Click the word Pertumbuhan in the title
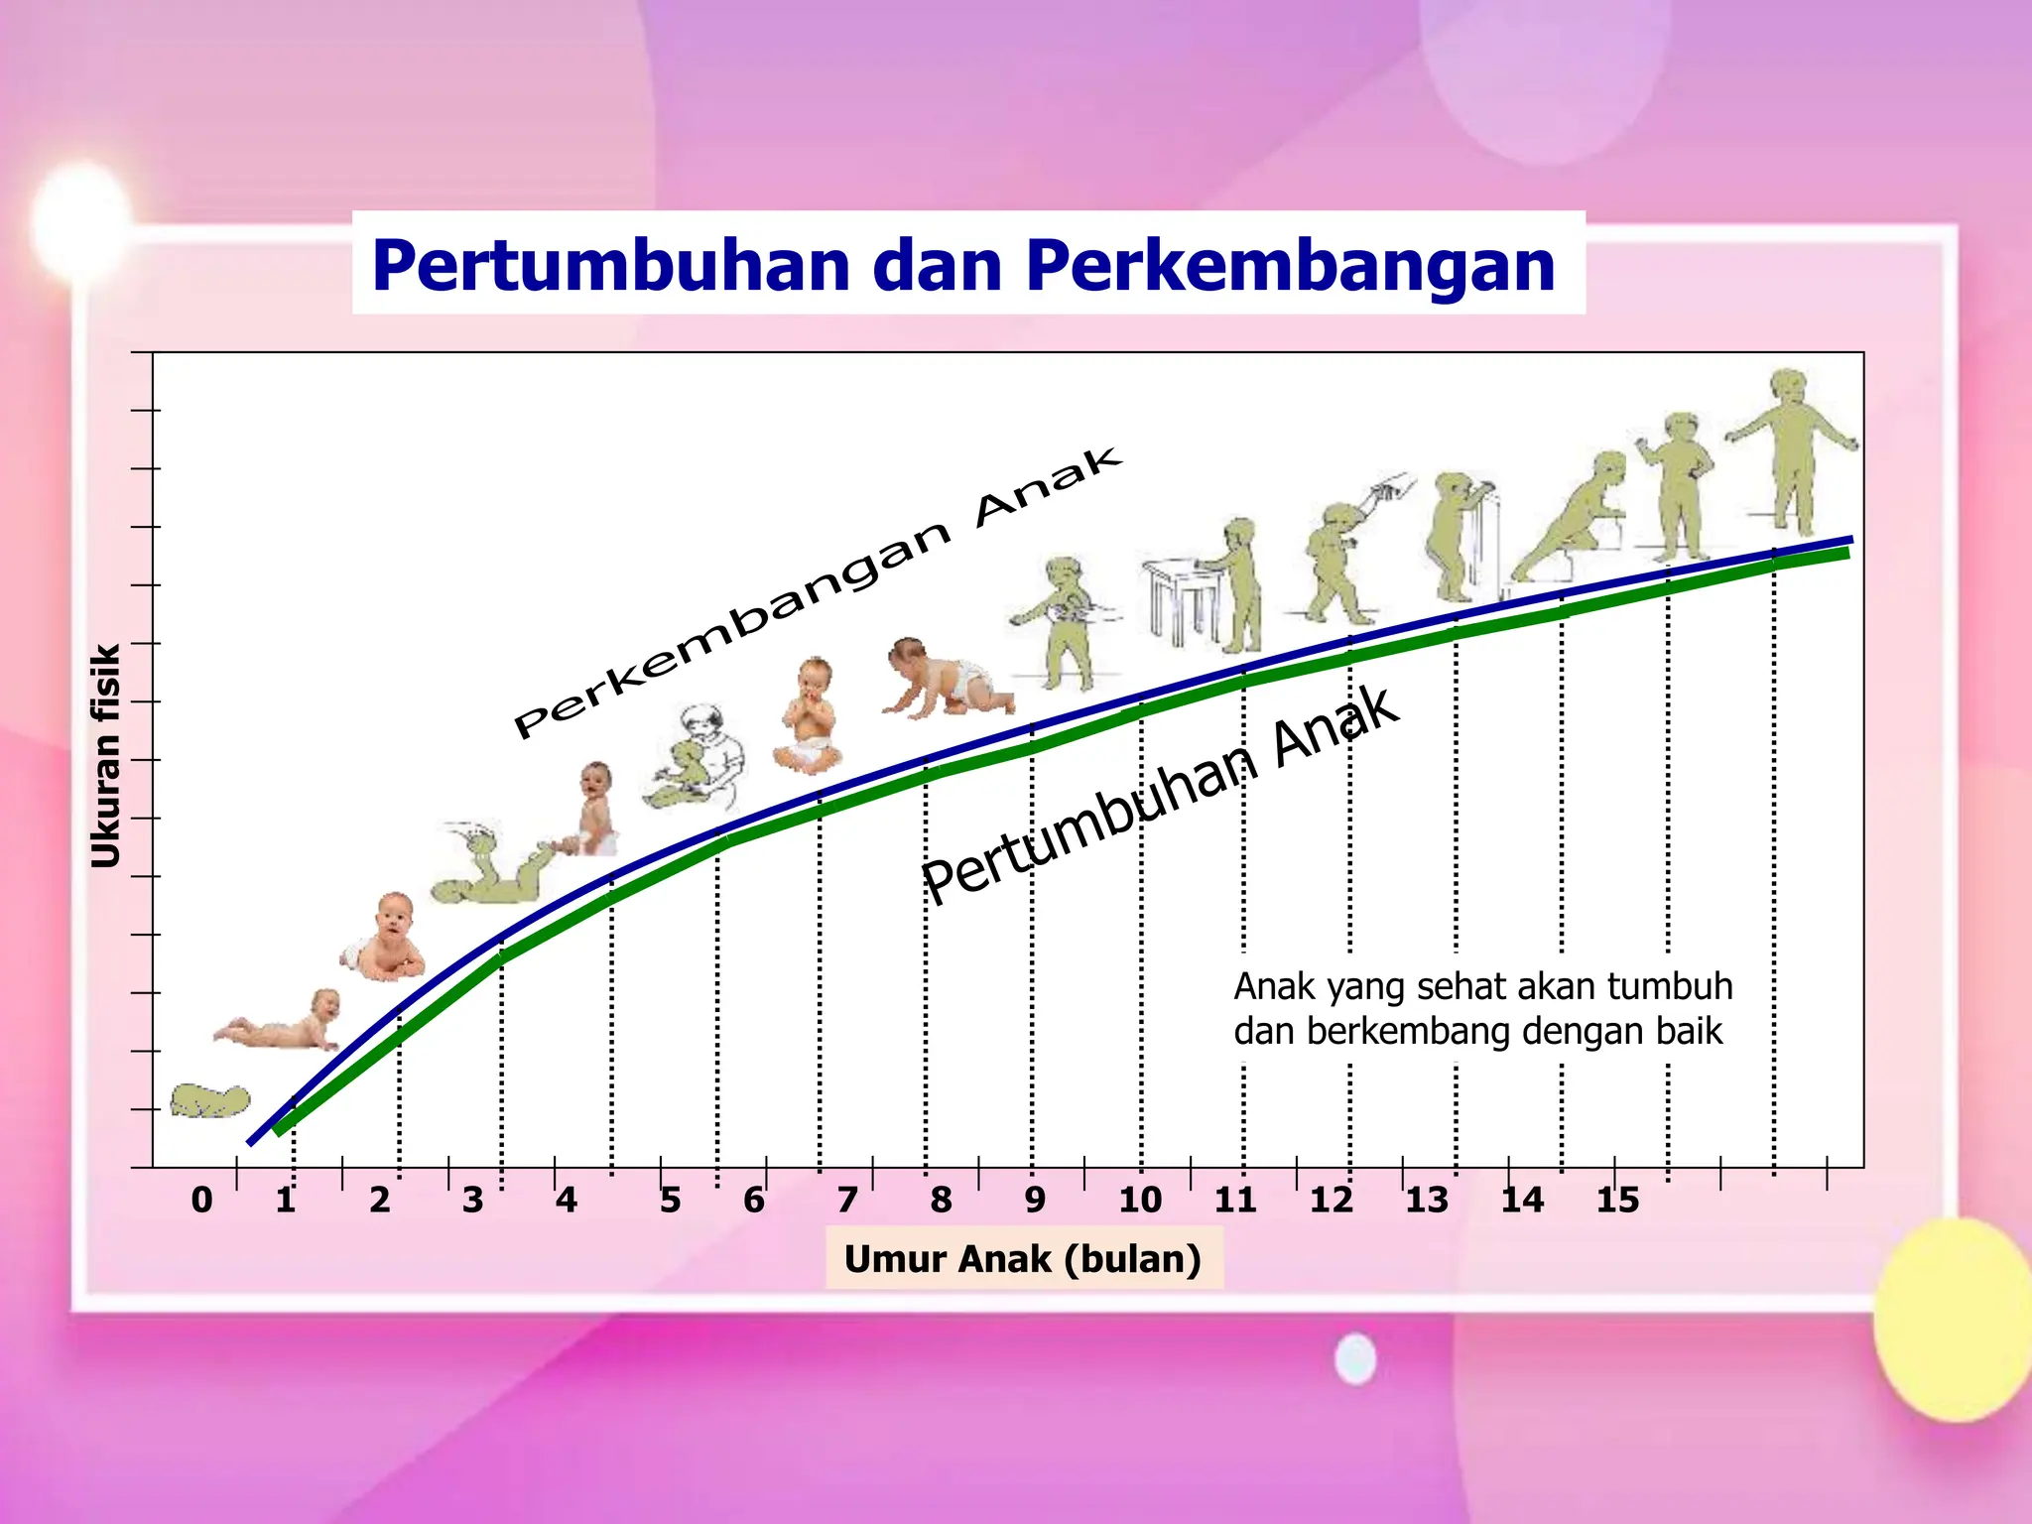611,266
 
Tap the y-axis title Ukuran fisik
105,756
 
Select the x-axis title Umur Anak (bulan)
1023,1259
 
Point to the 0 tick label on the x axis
201,1201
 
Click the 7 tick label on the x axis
846,1201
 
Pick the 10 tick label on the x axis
1140,1201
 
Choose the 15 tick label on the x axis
1617,1201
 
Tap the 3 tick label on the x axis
472,1201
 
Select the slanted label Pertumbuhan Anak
1161,794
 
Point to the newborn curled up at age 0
209,1100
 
